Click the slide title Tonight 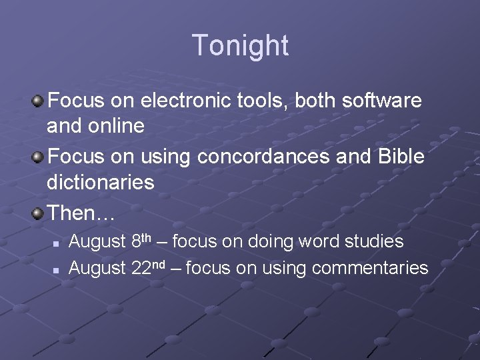(240, 45)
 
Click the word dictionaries (100, 182)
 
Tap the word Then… (81, 213)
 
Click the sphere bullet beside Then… (38, 213)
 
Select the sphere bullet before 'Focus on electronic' (38, 101)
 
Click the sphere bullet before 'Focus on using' (38, 157)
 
